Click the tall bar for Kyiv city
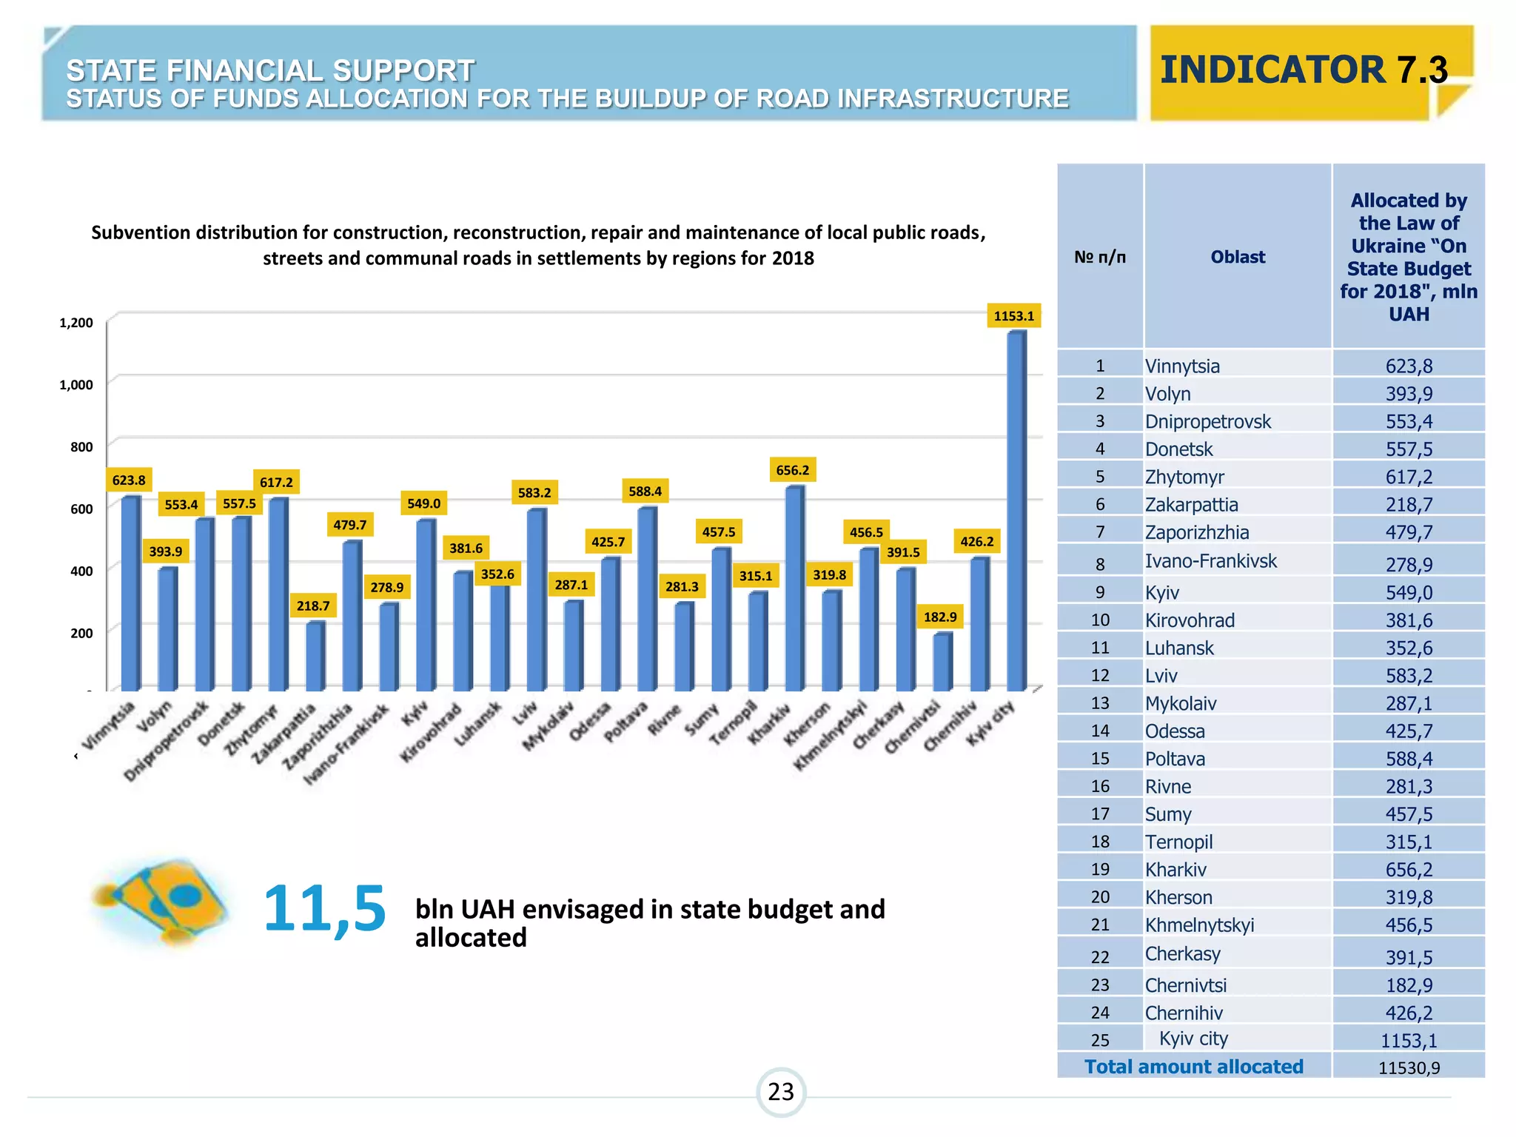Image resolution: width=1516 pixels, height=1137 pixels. (x=1016, y=511)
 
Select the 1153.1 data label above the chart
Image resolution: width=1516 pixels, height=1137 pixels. (x=1013, y=316)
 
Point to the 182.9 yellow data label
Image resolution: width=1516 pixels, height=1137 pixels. (x=940, y=617)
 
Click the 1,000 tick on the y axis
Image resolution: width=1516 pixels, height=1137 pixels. (x=76, y=385)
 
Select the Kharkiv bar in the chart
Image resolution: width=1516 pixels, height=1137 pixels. (x=794, y=588)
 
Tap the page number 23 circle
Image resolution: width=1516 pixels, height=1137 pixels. (x=780, y=1092)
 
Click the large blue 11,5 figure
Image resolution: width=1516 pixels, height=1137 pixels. (x=324, y=909)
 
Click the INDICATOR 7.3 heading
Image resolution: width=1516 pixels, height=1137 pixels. (x=1304, y=70)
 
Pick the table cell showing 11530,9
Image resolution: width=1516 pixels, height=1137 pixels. (x=1408, y=1067)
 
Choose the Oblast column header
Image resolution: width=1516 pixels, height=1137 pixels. (x=1237, y=257)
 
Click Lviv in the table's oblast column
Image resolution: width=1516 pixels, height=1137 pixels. (x=1161, y=676)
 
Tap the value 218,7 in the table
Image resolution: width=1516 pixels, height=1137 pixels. (x=1408, y=505)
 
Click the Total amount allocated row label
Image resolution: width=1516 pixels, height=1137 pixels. (x=1193, y=1067)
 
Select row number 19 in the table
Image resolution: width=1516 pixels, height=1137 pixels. (x=1100, y=870)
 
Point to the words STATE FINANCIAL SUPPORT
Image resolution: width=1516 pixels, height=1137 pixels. (x=270, y=71)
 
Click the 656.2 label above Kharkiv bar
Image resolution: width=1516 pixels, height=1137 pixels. (x=792, y=470)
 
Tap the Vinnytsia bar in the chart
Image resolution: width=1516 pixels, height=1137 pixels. (x=130, y=592)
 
